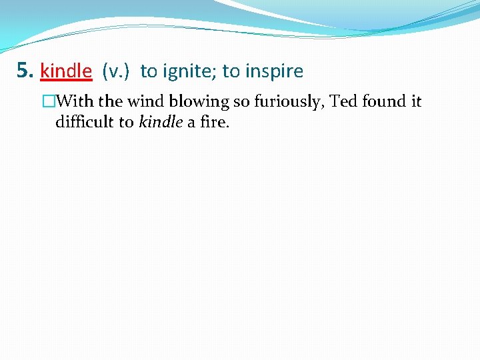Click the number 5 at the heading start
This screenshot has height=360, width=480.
tap(23, 71)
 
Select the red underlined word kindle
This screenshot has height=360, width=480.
tap(65, 71)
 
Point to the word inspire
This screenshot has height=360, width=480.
tap(275, 71)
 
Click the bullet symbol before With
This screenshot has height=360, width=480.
tap(48, 102)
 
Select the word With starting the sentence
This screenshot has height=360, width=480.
tap(75, 102)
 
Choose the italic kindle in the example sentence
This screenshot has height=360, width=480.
tap(161, 122)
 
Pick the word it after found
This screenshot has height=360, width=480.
tap(416, 102)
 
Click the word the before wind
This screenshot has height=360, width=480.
tap(111, 102)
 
